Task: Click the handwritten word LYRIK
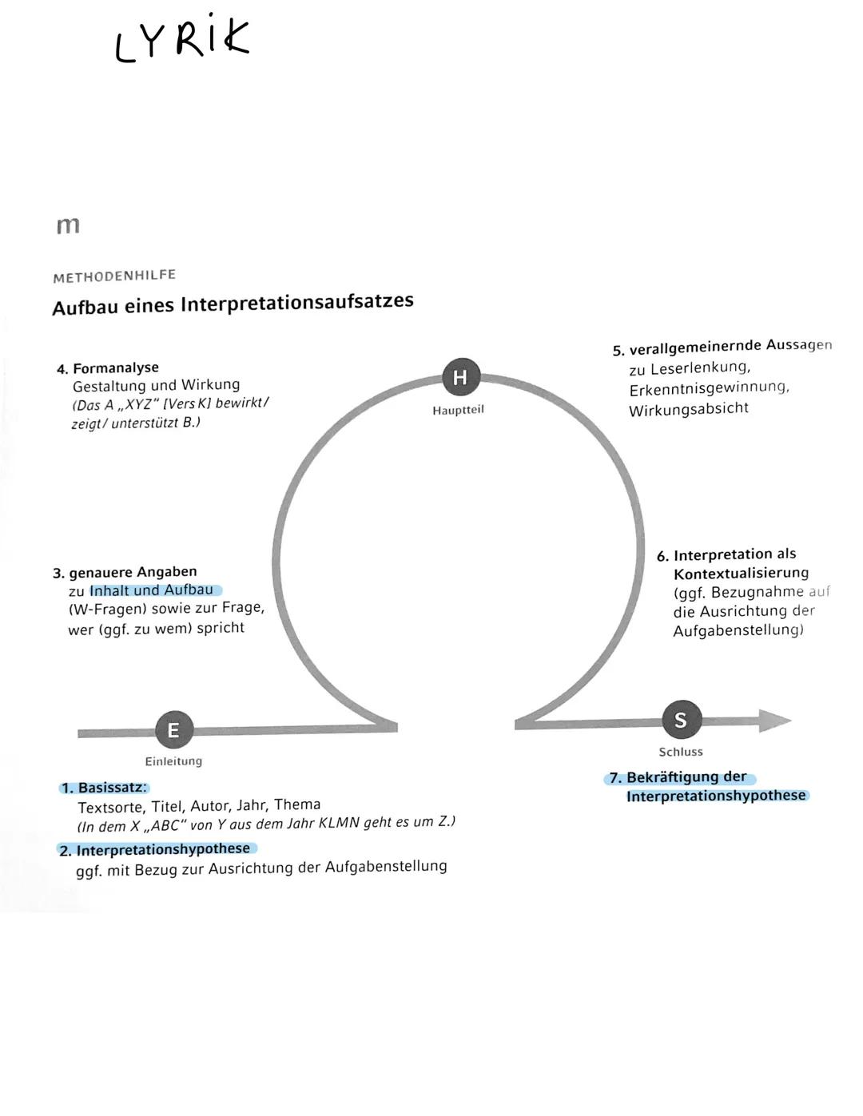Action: point(182,38)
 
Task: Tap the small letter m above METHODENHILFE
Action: point(68,225)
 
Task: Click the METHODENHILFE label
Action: point(114,276)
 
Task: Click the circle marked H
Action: point(460,377)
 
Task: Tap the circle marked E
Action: point(173,729)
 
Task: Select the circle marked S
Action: point(681,720)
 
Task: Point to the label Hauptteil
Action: point(458,410)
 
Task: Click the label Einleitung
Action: point(173,761)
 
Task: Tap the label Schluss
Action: point(681,752)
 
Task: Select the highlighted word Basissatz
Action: point(113,788)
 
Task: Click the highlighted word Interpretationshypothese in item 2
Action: point(163,849)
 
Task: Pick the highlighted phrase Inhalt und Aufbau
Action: point(152,590)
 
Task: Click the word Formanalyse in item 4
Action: point(116,368)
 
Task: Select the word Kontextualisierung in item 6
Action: point(741,574)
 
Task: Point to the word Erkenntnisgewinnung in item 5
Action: point(708,388)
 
